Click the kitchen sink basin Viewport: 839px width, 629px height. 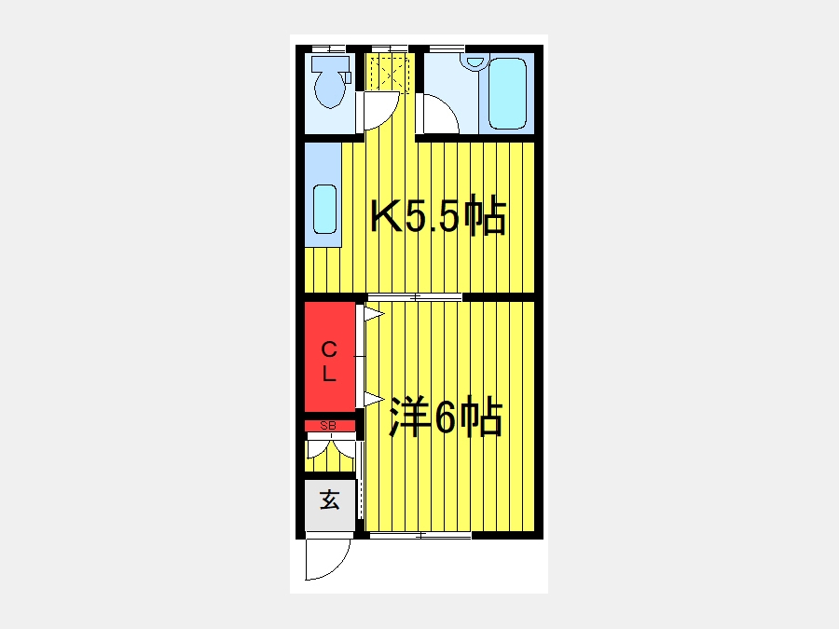tap(323, 210)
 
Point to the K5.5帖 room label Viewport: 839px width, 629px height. tap(438, 218)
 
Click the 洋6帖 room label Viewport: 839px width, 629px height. tap(446, 418)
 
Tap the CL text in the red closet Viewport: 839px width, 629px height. tap(329, 362)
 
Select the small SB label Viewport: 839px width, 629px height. tap(328, 426)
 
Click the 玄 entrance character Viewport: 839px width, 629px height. tap(329, 500)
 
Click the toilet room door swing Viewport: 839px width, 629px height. tap(380, 111)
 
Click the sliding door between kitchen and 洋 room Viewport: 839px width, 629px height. tap(414, 298)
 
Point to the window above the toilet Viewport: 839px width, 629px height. tap(328, 48)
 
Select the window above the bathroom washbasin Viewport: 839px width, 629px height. tap(447, 48)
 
